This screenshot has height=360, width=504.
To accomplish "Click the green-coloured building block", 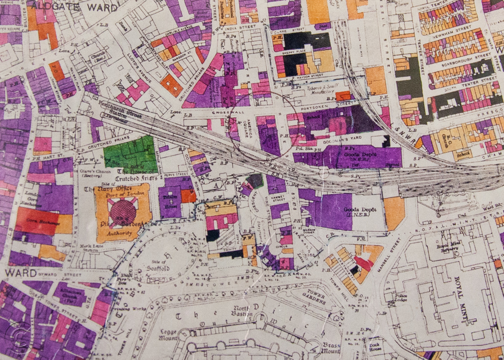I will coord(130,154).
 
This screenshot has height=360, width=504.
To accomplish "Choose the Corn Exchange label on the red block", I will coord(36,221).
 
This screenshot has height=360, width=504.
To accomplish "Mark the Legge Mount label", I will coord(168,335).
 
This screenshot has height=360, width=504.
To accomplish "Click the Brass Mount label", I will coord(331,348).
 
